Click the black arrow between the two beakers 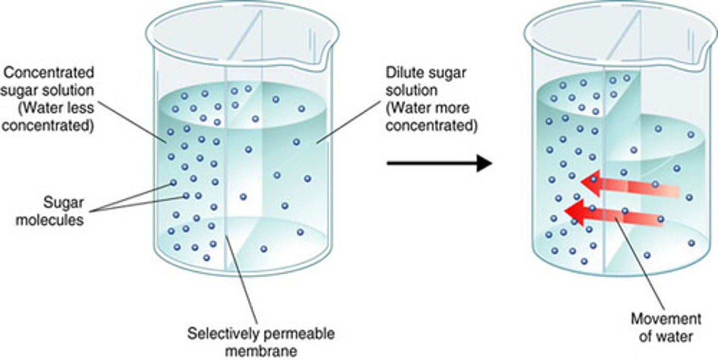pos(439,163)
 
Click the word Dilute pos(402,73)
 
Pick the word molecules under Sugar pos(49,219)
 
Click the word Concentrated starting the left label pos(48,72)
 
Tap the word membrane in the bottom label pos(261,351)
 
